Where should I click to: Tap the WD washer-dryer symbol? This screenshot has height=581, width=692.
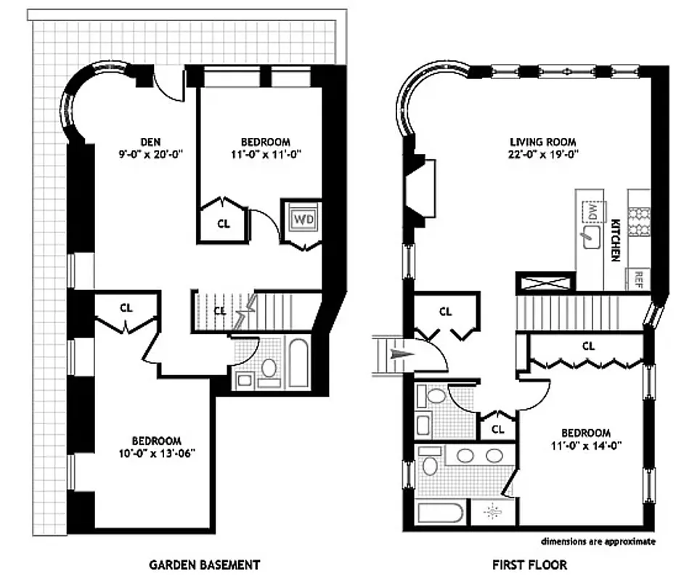(x=301, y=218)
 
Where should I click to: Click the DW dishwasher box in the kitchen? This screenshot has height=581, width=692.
(x=592, y=211)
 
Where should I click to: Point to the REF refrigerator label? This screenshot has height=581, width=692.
(x=639, y=277)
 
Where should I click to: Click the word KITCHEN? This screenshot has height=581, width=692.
(x=614, y=240)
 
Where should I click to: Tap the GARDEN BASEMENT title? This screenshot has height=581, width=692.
(x=204, y=564)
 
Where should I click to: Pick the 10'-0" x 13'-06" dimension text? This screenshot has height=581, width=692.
(x=156, y=453)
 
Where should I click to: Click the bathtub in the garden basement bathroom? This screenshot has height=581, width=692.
(x=298, y=361)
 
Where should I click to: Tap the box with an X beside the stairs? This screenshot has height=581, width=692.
(x=545, y=282)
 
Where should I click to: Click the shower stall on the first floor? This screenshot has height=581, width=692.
(x=492, y=511)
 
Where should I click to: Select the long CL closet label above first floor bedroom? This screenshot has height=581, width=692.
(x=588, y=346)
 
